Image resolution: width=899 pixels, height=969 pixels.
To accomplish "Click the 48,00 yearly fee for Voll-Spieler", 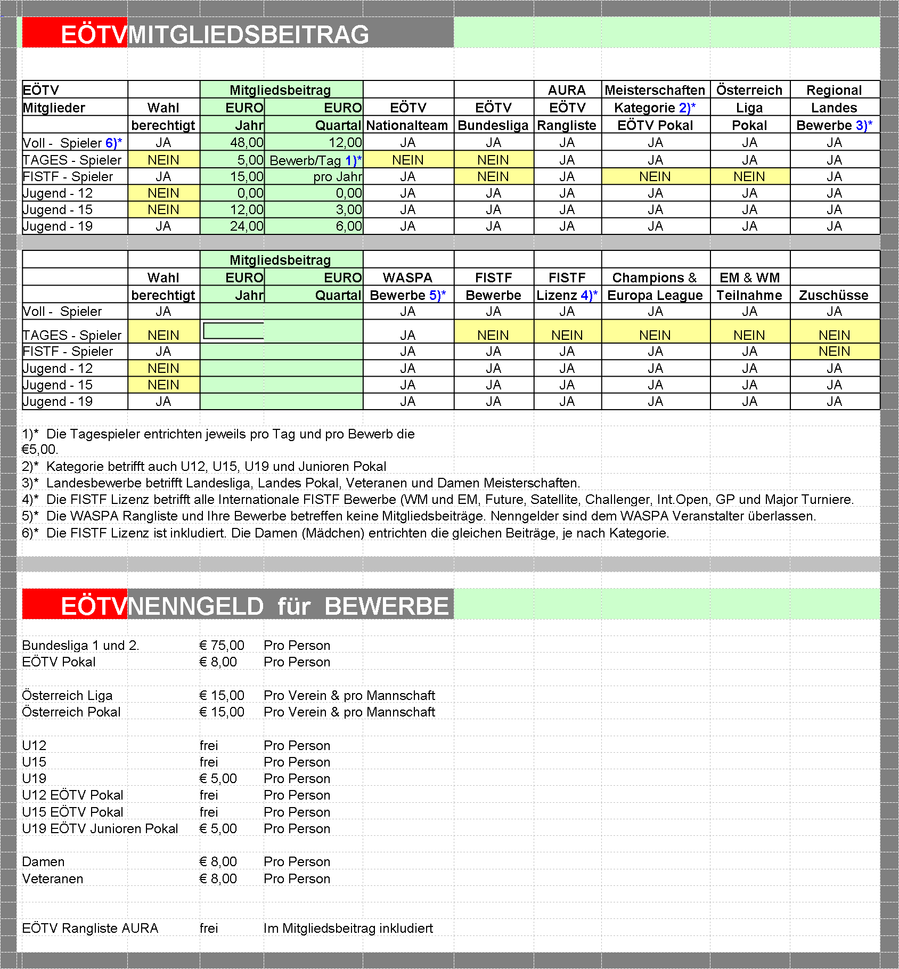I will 247,143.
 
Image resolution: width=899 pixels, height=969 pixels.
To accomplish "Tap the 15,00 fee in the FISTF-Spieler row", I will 247,177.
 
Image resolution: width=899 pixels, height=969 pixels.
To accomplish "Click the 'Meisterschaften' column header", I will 655,90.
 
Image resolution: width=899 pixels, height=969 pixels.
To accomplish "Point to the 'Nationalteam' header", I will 407,126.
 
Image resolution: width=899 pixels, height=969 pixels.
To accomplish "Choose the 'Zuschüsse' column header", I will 833,296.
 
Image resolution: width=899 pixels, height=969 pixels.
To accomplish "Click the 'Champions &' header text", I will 654,278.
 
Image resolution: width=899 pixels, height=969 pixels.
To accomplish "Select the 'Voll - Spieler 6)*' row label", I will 72,143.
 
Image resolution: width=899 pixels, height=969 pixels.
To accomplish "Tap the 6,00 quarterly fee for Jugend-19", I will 348,226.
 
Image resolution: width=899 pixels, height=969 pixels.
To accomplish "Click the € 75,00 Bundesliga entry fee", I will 222,646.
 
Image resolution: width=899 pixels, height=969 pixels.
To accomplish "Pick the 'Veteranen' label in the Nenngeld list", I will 53,879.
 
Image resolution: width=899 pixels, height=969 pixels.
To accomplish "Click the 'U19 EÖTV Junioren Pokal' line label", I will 100,829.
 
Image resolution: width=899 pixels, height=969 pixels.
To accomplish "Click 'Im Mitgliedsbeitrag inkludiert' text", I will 348,929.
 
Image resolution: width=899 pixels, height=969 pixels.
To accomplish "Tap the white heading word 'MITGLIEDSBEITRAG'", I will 248,35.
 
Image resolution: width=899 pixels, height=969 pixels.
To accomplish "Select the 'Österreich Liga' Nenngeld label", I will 67,696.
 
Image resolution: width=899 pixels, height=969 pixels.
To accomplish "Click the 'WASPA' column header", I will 407,278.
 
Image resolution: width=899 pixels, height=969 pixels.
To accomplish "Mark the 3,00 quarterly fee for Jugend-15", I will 348,210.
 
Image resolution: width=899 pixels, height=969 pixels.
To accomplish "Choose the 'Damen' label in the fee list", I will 43,862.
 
